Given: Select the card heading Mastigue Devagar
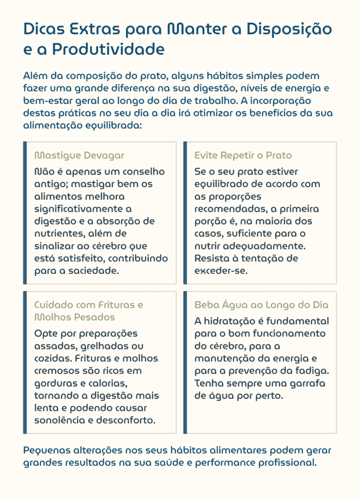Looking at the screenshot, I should click(x=79, y=155).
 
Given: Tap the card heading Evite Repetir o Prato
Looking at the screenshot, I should click(x=243, y=155).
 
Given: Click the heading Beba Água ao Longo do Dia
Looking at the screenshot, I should click(x=261, y=305).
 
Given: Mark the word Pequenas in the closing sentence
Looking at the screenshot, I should click(x=46, y=450).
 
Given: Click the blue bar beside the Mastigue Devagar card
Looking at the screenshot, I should click(x=25, y=213).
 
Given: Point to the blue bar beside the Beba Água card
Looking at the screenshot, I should click(x=185, y=362).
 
